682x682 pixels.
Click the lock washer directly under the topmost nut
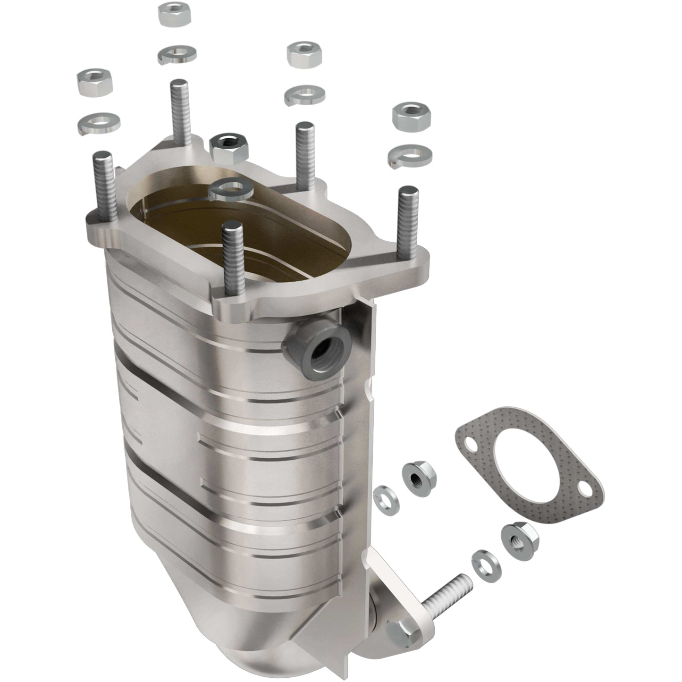click(x=177, y=54)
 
